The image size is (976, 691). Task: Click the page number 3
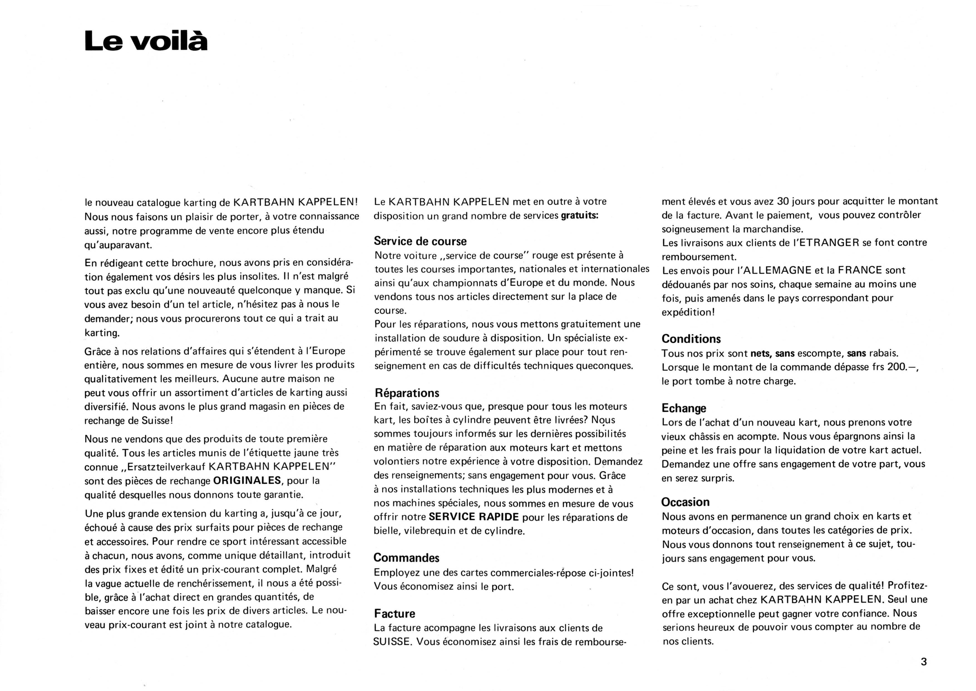click(x=923, y=662)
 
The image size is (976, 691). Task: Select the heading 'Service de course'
click(x=420, y=241)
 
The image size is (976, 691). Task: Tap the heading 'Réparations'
click(x=407, y=393)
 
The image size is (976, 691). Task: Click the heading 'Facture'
click(x=395, y=614)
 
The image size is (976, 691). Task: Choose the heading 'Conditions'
click(x=691, y=339)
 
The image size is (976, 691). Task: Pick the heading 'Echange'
click(x=684, y=408)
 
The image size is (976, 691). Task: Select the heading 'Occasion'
click(x=685, y=502)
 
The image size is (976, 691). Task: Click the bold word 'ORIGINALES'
click(x=247, y=480)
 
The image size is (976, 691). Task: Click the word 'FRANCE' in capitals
click(x=860, y=270)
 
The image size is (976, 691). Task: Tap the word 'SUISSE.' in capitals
click(x=393, y=642)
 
